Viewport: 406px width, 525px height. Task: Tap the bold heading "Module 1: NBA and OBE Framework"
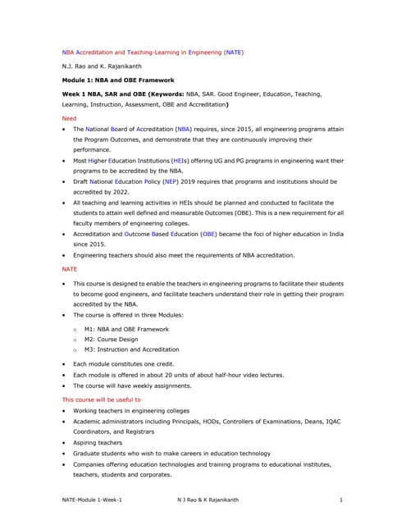click(118, 80)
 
